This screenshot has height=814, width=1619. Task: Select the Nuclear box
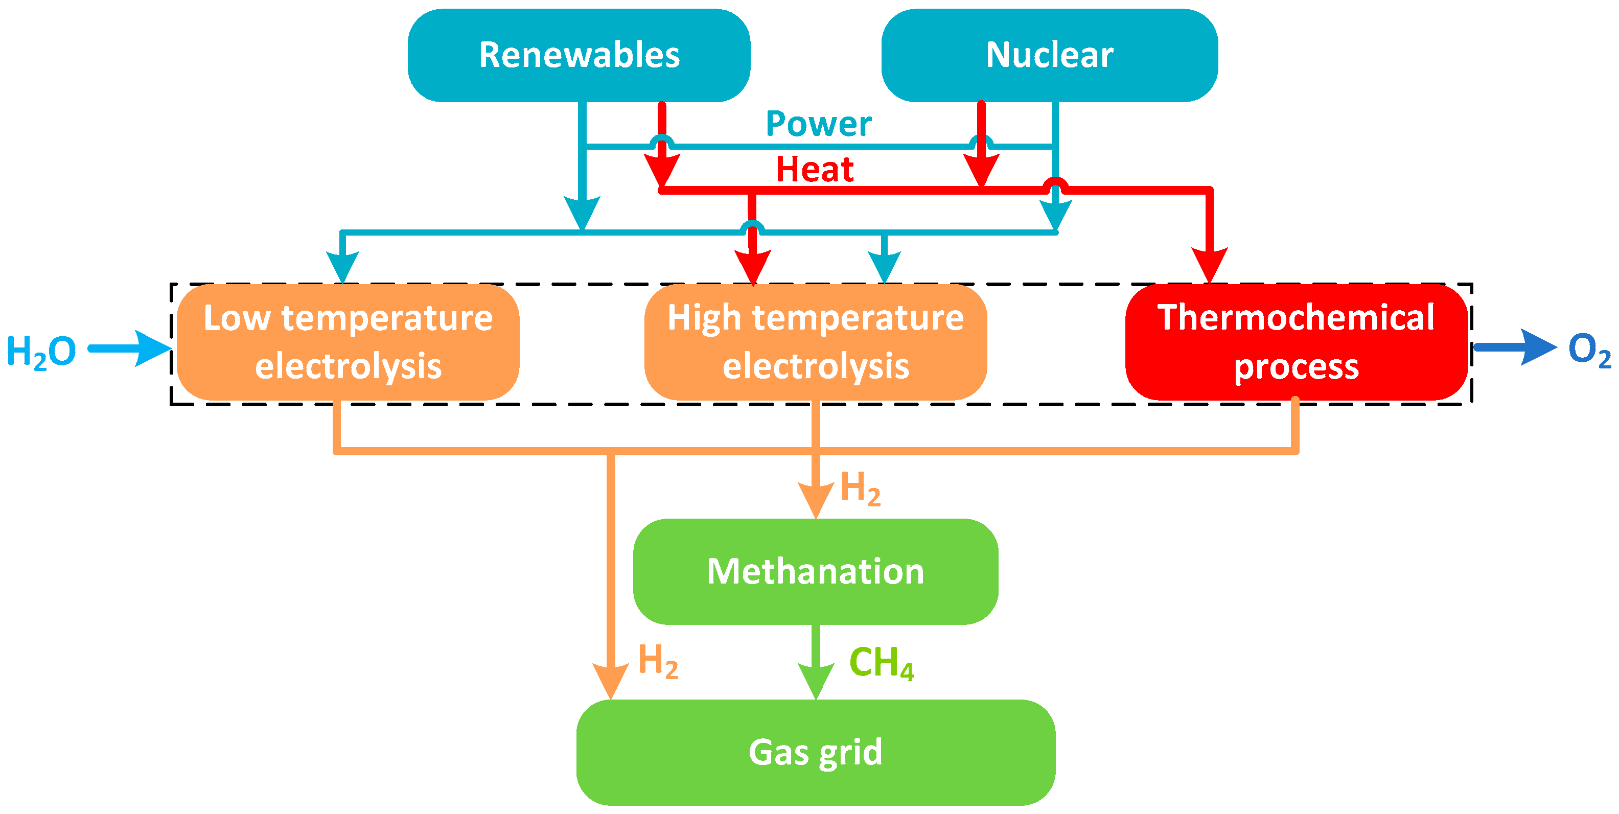point(1049,55)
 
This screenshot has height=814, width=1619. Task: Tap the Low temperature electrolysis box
point(348,342)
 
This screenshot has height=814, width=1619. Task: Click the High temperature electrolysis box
point(815,342)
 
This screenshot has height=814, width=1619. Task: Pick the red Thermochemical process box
point(1296,342)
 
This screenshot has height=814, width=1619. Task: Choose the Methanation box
point(815,571)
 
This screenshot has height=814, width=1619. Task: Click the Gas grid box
point(815,752)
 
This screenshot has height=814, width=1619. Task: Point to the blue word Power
point(818,124)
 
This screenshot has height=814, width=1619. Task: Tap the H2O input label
point(41,352)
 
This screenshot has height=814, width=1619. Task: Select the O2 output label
point(1589,350)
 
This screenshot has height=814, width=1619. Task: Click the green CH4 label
point(881,663)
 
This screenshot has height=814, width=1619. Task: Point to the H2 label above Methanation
point(860,488)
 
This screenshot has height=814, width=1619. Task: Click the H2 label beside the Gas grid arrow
point(657,661)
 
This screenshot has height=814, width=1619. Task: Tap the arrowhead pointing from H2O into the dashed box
point(153,348)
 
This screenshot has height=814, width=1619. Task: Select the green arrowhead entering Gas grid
point(815,681)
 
